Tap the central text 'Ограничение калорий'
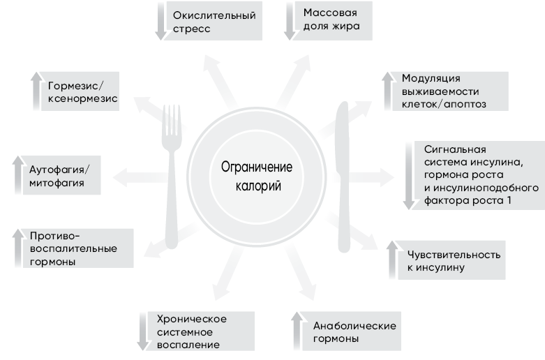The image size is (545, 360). pyautogui.click(x=256, y=177)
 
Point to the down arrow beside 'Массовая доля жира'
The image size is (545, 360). pyautogui.click(x=290, y=22)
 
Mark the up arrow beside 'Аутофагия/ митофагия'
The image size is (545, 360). pyautogui.click(x=18, y=175)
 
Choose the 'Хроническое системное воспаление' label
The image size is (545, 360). pyautogui.click(x=192, y=331)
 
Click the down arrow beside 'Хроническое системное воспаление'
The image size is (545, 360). pyautogui.click(x=142, y=331)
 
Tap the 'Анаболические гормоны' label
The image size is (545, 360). pyautogui.click(x=354, y=332)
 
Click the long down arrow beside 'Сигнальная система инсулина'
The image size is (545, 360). pyautogui.click(x=409, y=177)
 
